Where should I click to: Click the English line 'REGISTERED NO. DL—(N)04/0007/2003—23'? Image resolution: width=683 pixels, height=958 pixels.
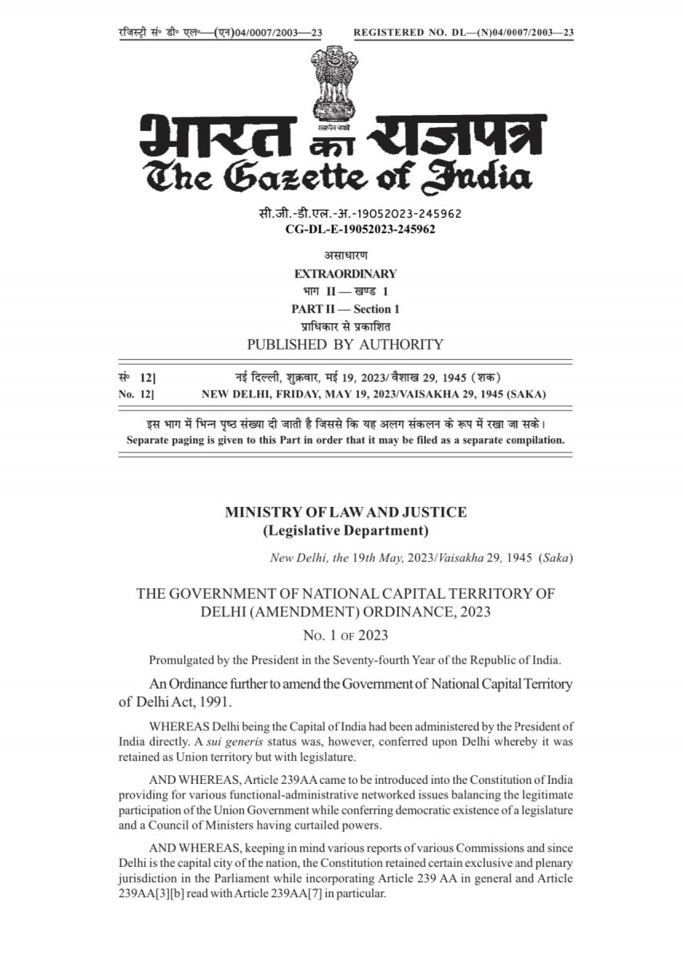(x=464, y=32)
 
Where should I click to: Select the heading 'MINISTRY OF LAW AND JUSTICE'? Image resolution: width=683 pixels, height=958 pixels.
(x=345, y=513)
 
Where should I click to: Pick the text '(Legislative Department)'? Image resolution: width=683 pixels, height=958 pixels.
(x=345, y=530)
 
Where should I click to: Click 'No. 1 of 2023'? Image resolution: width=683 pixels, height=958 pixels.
(x=345, y=635)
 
